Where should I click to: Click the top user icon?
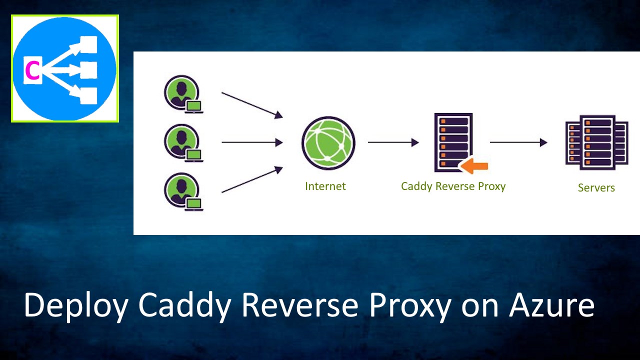pyautogui.click(x=183, y=94)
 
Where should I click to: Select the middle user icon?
pyautogui.click(x=183, y=143)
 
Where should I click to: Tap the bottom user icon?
pyautogui.click(x=183, y=192)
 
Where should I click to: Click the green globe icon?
pyautogui.click(x=328, y=143)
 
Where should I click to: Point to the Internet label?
pyautogui.click(x=325, y=186)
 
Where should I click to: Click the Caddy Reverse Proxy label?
pyautogui.click(x=453, y=186)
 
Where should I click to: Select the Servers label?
pyautogui.click(x=596, y=187)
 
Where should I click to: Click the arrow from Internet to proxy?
pyautogui.click(x=393, y=142)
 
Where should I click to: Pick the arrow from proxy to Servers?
pyautogui.click(x=518, y=142)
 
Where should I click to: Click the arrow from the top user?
pyautogui.click(x=252, y=105)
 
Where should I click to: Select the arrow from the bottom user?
pyautogui.click(x=252, y=179)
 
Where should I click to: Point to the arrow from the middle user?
pyautogui.click(x=252, y=142)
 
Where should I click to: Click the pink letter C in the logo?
pyautogui.click(x=32, y=70)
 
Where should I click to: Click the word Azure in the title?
pyautogui.click(x=551, y=304)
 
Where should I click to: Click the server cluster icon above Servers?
pyautogui.click(x=596, y=142)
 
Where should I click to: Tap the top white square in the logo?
pyautogui.click(x=88, y=44)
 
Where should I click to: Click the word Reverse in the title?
pyautogui.click(x=300, y=304)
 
